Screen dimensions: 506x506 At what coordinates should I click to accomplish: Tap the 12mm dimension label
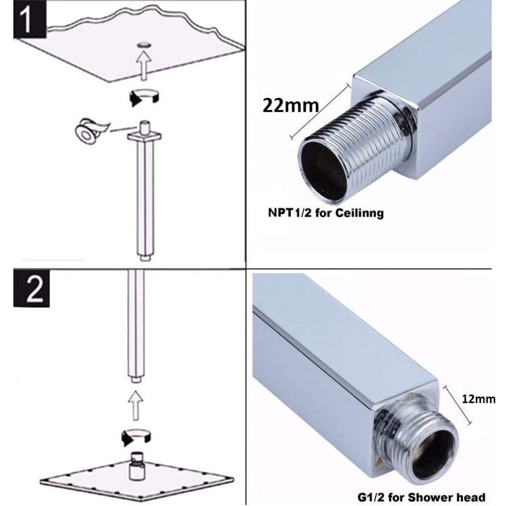pyautogui.click(x=478, y=399)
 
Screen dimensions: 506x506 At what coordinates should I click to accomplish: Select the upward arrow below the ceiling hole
pyautogui.click(x=143, y=67)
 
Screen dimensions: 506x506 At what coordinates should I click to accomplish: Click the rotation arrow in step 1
pyautogui.click(x=143, y=96)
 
